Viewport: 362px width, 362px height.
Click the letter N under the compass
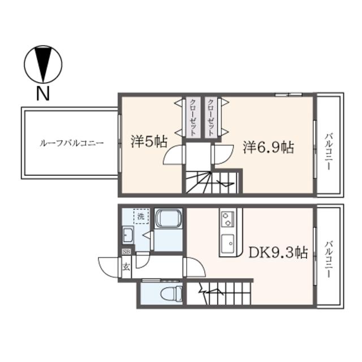pos(43,93)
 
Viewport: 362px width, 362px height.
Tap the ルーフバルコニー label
pos(72,143)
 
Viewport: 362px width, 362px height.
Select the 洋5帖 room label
pos(149,141)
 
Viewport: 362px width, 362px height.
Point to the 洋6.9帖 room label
pos(268,147)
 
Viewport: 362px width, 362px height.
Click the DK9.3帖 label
pos(278,252)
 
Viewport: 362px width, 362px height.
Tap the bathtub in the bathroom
pos(168,218)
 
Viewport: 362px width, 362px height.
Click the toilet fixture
pos(171,294)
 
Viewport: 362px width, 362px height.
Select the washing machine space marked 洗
pos(141,216)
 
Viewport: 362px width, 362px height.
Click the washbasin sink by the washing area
pos(128,235)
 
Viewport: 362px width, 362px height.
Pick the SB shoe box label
pos(127,252)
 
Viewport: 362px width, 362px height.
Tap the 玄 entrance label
pos(126,267)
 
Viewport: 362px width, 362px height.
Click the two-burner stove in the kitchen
pos(227,219)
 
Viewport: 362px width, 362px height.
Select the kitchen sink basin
pos(227,244)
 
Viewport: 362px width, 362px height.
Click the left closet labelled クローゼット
pos(192,117)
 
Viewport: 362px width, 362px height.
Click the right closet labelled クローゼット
pos(210,117)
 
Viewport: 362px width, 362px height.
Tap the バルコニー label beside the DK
pos(329,259)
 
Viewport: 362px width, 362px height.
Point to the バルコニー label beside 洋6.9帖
pos(329,152)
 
